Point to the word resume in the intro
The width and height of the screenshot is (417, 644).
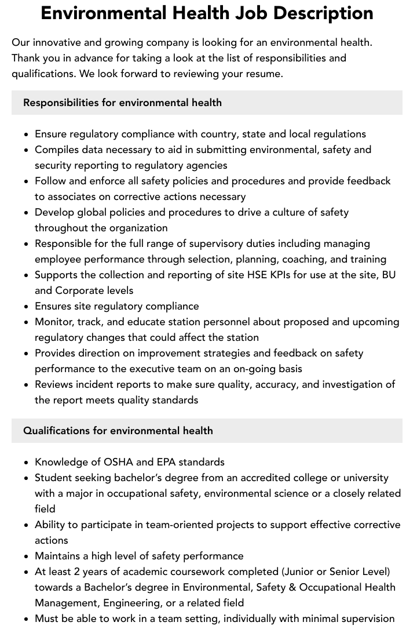[265, 74]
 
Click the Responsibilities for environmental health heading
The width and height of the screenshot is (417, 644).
[122, 103]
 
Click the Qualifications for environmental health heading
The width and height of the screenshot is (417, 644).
[118, 431]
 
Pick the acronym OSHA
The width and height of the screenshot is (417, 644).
[119, 462]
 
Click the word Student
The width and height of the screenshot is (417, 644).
[54, 478]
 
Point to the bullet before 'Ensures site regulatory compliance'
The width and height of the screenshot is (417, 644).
[27, 307]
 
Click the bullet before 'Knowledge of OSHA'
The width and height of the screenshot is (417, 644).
[27, 463]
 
